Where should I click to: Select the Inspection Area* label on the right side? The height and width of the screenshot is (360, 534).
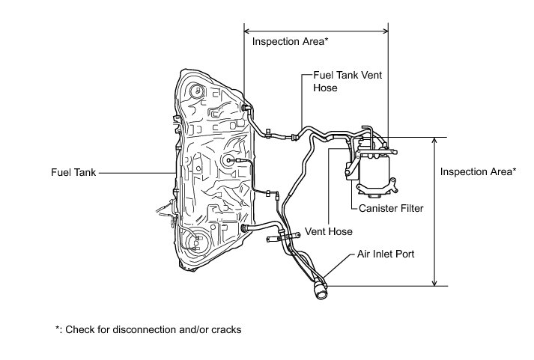(478, 172)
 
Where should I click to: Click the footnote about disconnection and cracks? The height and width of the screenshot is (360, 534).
(148, 329)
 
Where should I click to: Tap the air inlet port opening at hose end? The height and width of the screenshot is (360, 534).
(321, 290)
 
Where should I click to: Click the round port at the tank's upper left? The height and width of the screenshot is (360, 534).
(197, 92)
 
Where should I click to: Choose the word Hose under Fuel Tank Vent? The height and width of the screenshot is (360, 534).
(325, 88)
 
